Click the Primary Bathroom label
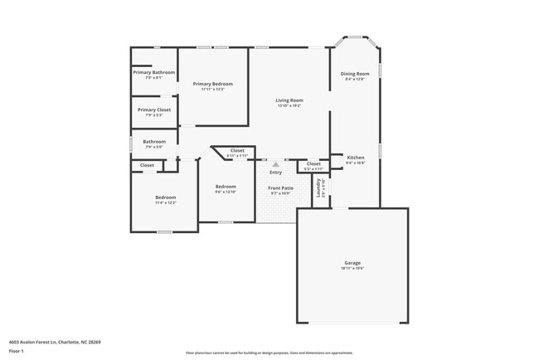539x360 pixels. pyautogui.click(x=154, y=73)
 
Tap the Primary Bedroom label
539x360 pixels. pyautogui.click(x=213, y=84)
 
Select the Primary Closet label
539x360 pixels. pyautogui.click(x=154, y=109)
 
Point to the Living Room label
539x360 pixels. pyautogui.click(x=289, y=100)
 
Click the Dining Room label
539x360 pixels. pyautogui.click(x=355, y=74)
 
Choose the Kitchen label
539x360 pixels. pyautogui.click(x=355, y=158)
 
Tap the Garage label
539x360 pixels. pyautogui.click(x=352, y=263)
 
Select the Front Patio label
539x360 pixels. pyautogui.click(x=280, y=188)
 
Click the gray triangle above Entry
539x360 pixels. pyautogui.click(x=275, y=164)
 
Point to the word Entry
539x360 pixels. pyautogui.click(x=275, y=173)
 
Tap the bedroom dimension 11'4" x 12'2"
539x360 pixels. pyautogui.click(x=165, y=202)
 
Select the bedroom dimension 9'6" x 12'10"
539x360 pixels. pyautogui.click(x=226, y=192)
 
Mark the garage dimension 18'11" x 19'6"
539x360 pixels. pyautogui.click(x=352, y=269)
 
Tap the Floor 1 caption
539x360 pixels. pyautogui.click(x=17, y=350)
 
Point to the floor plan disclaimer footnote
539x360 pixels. pyautogui.click(x=269, y=353)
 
